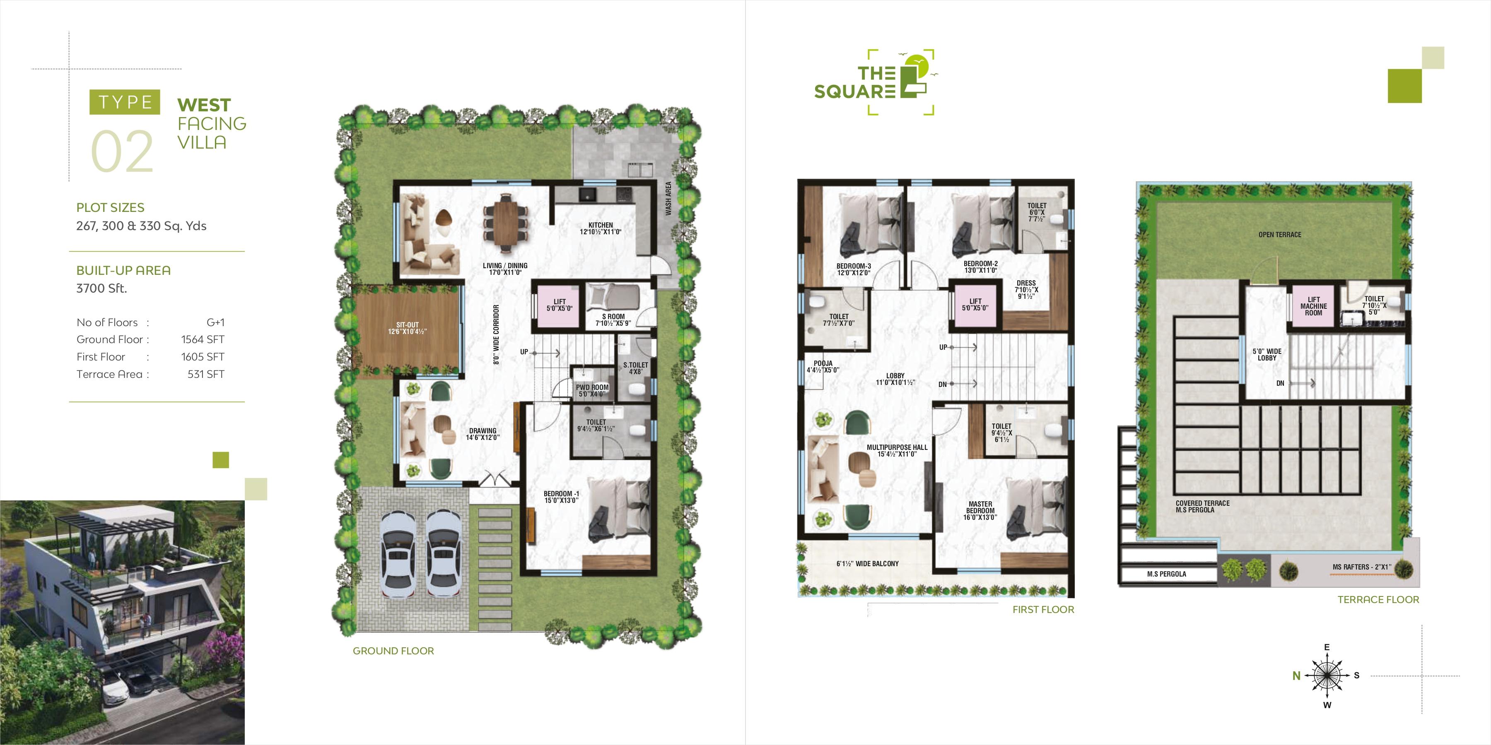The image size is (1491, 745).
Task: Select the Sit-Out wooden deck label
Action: click(x=408, y=328)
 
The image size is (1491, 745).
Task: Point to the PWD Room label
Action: click(x=592, y=390)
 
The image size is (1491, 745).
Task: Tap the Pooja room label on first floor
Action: click(x=823, y=367)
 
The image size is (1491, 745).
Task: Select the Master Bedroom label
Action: click(x=980, y=511)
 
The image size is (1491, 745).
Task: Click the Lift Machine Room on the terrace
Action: click(x=1313, y=306)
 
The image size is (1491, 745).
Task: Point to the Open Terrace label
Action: click(x=1280, y=235)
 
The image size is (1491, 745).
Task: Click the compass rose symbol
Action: click(x=1327, y=675)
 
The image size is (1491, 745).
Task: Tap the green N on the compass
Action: click(x=1296, y=675)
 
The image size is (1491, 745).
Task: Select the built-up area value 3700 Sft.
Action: click(x=102, y=288)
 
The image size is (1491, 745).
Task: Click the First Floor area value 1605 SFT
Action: click(x=203, y=357)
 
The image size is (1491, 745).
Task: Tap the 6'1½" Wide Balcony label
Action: click(x=868, y=563)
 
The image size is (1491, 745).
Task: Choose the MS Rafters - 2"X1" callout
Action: click(x=1361, y=567)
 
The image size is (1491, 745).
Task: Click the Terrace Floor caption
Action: click(x=1378, y=600)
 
